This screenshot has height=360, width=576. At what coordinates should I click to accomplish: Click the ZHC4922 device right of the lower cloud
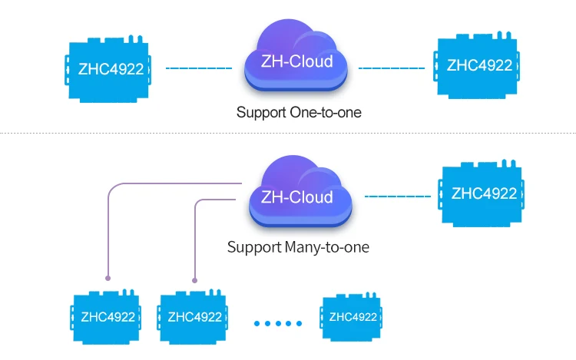click(483, 194)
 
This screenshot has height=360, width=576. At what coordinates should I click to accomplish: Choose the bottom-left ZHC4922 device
click(106, 317)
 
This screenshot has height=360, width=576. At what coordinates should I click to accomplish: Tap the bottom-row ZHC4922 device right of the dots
click(353, 317)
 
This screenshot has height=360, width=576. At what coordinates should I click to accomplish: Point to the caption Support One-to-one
click(298, 112)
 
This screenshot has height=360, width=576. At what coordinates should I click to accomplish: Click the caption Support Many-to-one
click(298, 248)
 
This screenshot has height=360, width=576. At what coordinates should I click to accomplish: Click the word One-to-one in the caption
click(326, 112)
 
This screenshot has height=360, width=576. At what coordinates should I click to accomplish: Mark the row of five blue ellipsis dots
click(279, 323)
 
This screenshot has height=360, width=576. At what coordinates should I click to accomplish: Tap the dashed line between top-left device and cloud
click(199, 68)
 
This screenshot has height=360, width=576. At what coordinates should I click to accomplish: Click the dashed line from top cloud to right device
click(392, 68)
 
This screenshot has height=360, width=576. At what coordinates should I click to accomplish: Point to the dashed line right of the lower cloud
click(397, 197)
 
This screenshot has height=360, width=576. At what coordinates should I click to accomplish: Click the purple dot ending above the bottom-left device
click(108, 277)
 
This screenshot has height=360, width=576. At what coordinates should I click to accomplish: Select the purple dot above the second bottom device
click(195, 280)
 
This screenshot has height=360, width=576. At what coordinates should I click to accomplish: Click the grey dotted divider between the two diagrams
click(288, 135)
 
